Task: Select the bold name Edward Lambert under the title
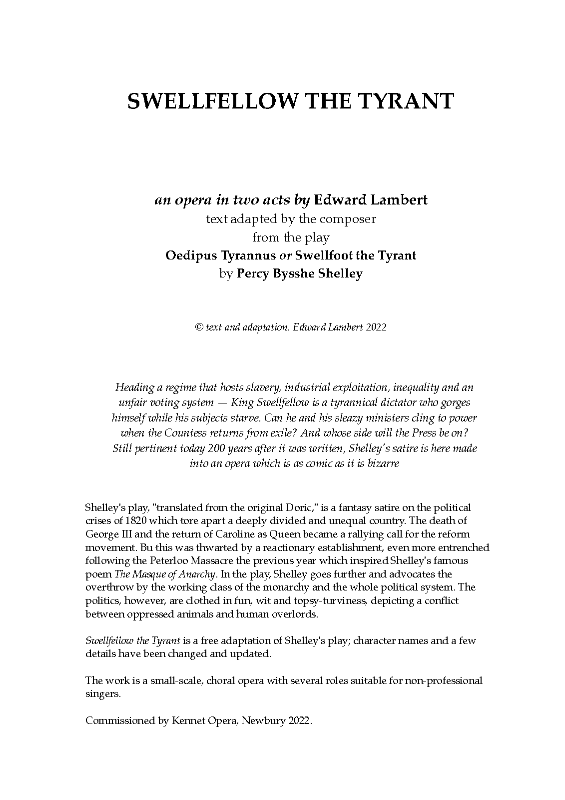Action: pos(371,200)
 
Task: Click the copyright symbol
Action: pos(198,327)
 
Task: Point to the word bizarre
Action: pos(383,463)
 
